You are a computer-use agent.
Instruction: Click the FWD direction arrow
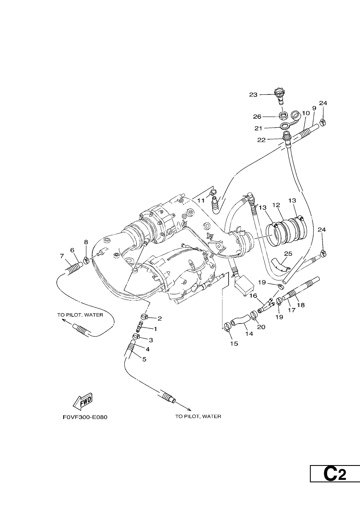[x=83, y=401]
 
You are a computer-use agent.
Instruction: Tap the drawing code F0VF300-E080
[x=85, y=417]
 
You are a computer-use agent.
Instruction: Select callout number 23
[x=253, y=95]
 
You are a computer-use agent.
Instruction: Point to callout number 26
[x=257, y=117]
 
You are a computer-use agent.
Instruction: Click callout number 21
[x=258, y=128]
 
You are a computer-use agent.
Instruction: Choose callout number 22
[x=261, y=140]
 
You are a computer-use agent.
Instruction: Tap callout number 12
[x=276, y=205]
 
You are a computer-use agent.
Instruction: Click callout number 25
[x=288, y=254]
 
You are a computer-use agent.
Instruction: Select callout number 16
[x=253, y=296]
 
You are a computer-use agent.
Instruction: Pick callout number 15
[x=234, y=343]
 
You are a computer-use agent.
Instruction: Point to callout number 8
[x=86, y=242]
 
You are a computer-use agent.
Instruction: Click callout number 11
[x=201, y=201]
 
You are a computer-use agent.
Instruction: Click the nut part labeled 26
[x=283, y=116]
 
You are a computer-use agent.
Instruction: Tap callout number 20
[x=261, y=327]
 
